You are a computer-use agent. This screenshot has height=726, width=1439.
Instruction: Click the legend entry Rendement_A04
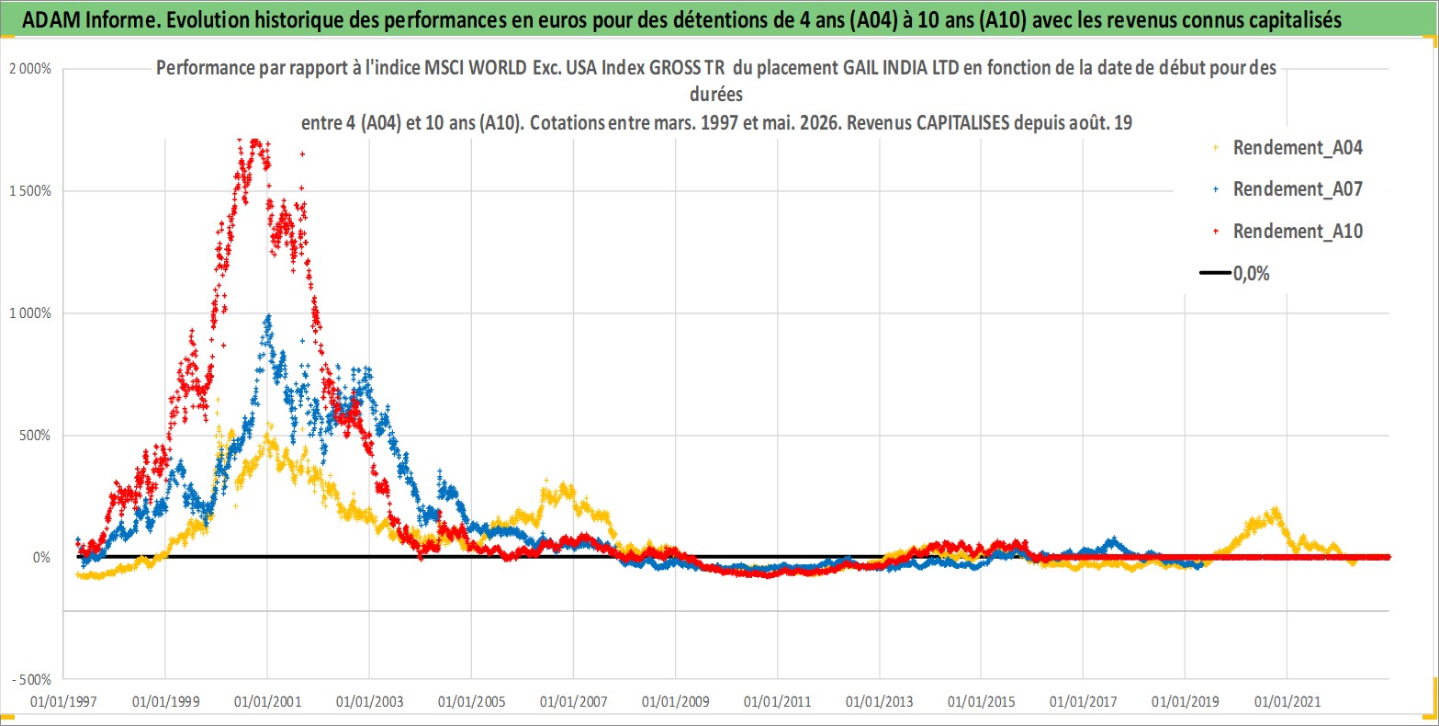coord(1297,147)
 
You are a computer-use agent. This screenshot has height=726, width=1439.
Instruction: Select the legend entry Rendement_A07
coord(1297,189)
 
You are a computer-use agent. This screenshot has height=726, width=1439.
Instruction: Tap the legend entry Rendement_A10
coord(1297,231)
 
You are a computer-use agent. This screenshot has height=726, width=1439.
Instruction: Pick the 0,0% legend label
coord(1251,273)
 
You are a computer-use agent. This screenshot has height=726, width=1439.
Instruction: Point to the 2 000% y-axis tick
coord(30,69)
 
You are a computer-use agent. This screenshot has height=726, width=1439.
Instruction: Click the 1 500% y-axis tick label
coord(30,191)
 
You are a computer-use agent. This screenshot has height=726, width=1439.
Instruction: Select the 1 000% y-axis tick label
coord(30,313)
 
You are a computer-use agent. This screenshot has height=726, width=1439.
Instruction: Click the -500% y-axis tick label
coord(32,680)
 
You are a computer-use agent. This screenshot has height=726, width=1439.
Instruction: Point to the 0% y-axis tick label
coord(42,558)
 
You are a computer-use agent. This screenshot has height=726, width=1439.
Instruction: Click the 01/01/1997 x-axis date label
coord(63,701)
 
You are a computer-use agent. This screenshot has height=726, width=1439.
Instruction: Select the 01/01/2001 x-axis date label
coord(268,701)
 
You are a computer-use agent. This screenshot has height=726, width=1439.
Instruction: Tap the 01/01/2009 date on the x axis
coord(676,701)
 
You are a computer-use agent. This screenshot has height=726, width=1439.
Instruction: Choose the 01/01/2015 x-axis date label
coord(982,701)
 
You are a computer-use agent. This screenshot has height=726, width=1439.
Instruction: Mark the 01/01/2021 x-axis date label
coord(1287,701)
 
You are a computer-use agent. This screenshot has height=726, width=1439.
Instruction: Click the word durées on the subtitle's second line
coord(716,95)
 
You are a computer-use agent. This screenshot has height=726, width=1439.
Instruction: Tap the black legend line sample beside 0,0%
coord(1215,273)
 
